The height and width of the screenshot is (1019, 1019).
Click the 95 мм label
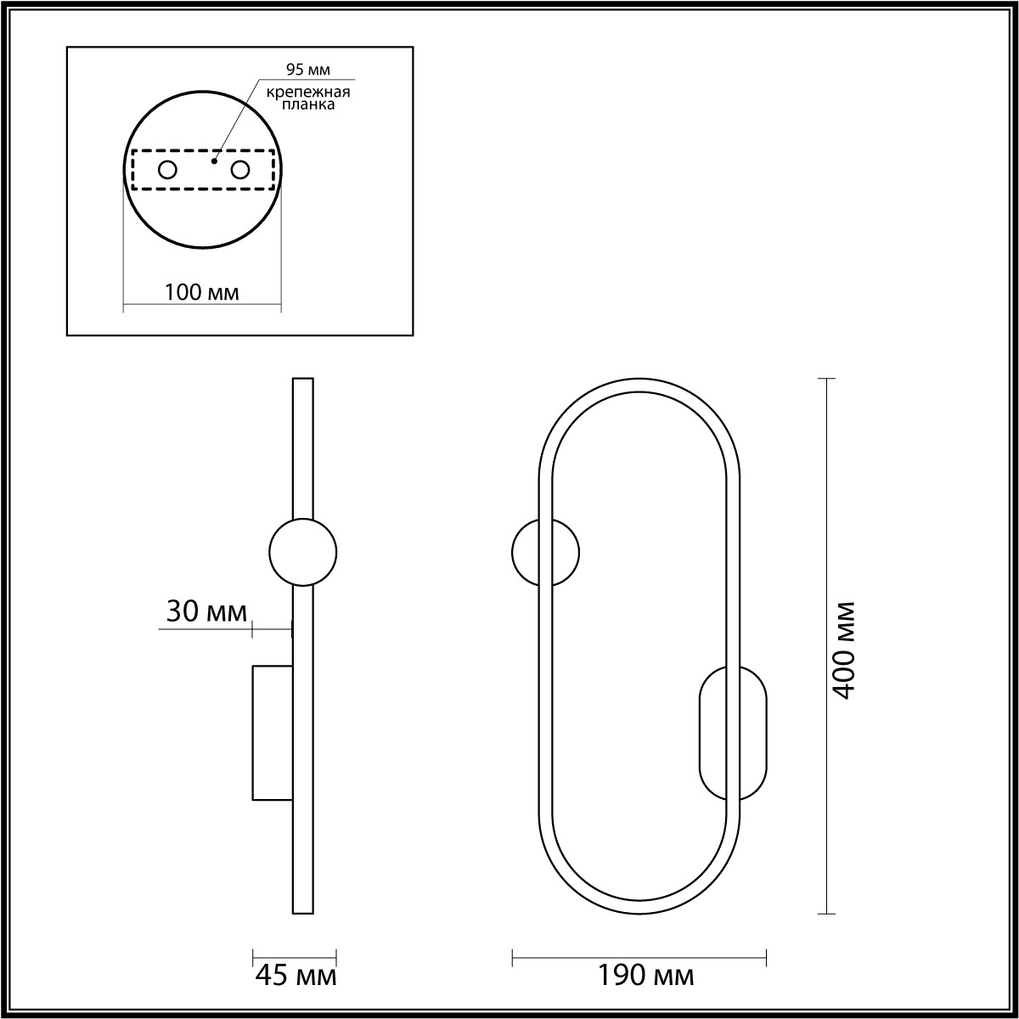point(307,70)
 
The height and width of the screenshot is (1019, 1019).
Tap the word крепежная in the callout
point(307,92)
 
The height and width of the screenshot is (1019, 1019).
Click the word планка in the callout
point(307,104)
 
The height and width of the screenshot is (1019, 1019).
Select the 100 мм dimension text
point(202,292)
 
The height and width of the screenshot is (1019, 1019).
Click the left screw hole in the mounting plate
point(167,171)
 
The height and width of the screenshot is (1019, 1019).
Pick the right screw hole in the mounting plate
point(240,171)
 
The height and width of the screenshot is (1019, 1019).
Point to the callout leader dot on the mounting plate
point(214,160)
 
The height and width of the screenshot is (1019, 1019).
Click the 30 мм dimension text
point(206,611)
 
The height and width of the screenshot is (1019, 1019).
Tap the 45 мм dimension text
point(296,975)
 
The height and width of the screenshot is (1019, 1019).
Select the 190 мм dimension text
point(645,975)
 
